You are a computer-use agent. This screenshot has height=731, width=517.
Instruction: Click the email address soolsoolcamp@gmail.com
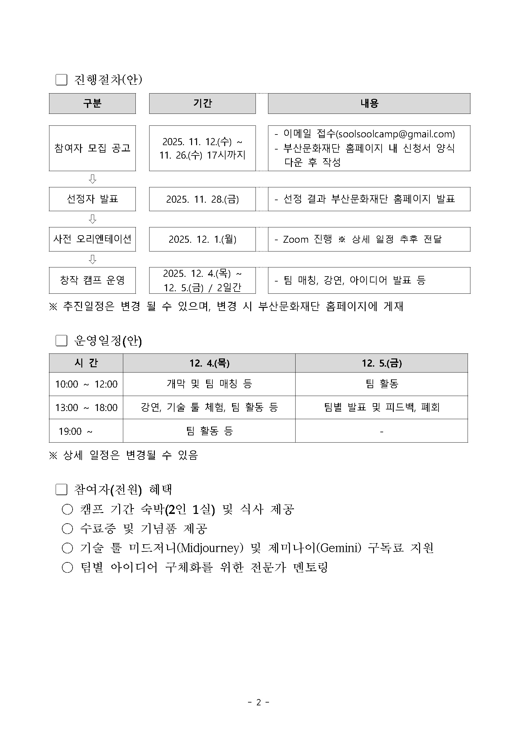pos(395,134)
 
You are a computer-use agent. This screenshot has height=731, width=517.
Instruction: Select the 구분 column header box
pos(92,104)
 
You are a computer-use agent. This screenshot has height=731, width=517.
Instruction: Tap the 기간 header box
pos(202,104)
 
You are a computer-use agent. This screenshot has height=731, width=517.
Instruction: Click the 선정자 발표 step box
pos(92,199)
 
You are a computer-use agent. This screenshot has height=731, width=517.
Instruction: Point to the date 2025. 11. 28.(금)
pos(202,199)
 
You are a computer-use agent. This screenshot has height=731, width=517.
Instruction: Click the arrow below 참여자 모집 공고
pos(92,179)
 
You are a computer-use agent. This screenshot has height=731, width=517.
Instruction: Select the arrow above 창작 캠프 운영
pos(92,259)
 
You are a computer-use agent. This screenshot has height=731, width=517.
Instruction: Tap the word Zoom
pos(296,239)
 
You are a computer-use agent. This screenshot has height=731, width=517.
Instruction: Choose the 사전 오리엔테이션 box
pos(92,239)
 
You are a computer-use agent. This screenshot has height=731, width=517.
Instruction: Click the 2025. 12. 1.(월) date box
pos(202,239)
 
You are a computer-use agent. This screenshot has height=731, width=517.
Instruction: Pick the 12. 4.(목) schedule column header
pos(209,363)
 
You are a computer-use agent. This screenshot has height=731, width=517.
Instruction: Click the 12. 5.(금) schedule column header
pos(381,363)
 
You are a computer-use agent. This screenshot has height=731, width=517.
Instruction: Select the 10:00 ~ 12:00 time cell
pos(86,384)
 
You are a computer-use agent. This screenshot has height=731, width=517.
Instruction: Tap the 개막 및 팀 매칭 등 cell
pos(209,384)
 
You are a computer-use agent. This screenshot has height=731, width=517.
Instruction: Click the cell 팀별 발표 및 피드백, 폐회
pos(381,407)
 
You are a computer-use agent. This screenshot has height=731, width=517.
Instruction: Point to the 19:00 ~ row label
pos(75,431)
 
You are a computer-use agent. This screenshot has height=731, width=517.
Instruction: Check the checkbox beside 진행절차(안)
pos(61,79)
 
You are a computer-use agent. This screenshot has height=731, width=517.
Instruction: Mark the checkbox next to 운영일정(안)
pos(61,341)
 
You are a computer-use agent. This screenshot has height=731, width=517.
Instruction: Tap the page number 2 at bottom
pos(258,702)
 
